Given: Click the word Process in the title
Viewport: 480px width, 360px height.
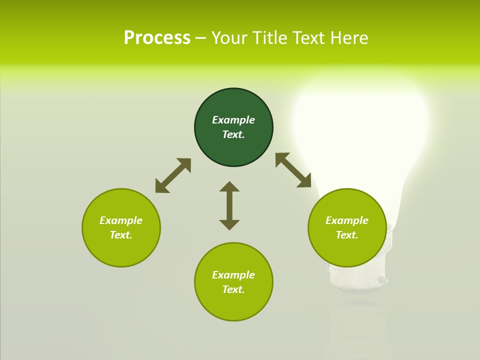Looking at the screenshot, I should click(x=157, y=38).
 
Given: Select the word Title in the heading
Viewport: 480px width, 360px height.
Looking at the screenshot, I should click(x=269, y=38).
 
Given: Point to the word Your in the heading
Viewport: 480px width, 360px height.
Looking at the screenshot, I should click(x=231, y=38).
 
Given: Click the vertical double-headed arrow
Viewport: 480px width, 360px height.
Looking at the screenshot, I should click(x=229, y=205).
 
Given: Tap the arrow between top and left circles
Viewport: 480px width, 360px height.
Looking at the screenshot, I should click(x=173, y=175).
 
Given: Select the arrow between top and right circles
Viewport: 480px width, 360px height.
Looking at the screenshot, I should click(x=293, y=170).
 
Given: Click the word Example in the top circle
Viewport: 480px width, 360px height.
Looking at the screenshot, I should click(x=233, y=120).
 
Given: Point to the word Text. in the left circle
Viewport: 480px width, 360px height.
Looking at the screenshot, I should click(x=121, y=235).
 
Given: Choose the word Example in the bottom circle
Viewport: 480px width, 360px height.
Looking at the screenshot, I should click(x=233, y=275).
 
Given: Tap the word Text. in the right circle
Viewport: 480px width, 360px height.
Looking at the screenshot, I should click(x=347, y=235).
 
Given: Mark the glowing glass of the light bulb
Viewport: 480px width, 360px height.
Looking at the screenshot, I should click(x=360, y=130).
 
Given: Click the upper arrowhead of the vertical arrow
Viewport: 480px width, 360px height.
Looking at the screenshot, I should click(x=229, y=187).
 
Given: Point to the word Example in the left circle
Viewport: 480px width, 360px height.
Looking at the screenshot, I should click(x=121, y=220).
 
